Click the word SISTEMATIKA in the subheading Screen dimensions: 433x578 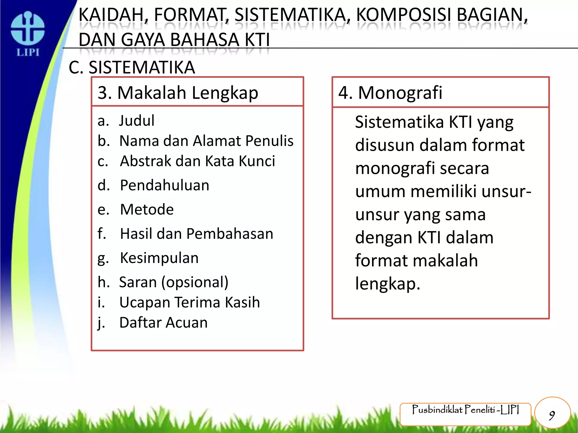coord(142,68)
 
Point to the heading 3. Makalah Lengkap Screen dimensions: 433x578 coord(178,93)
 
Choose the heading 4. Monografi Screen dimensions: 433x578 coord(390,93)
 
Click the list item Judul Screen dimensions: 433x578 coord(137,121)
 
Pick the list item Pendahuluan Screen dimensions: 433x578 coord(165,185)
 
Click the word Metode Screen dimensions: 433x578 coord(147,209)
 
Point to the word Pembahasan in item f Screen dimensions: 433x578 coord(230,234)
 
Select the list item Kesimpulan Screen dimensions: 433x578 coord(159,258)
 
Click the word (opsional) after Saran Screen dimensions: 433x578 coord(195,282)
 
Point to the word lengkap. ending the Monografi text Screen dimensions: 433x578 coord(387,284)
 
